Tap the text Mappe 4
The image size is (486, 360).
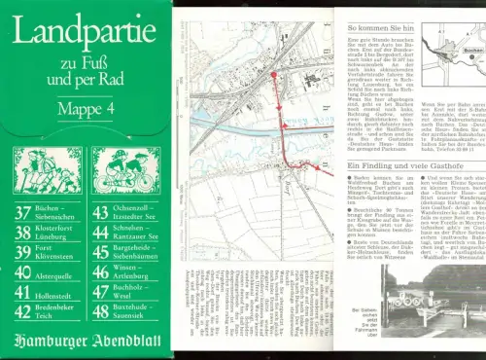(85, 108)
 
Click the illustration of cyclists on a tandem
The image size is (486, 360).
(125, 168)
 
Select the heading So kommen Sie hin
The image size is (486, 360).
(380, 29)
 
